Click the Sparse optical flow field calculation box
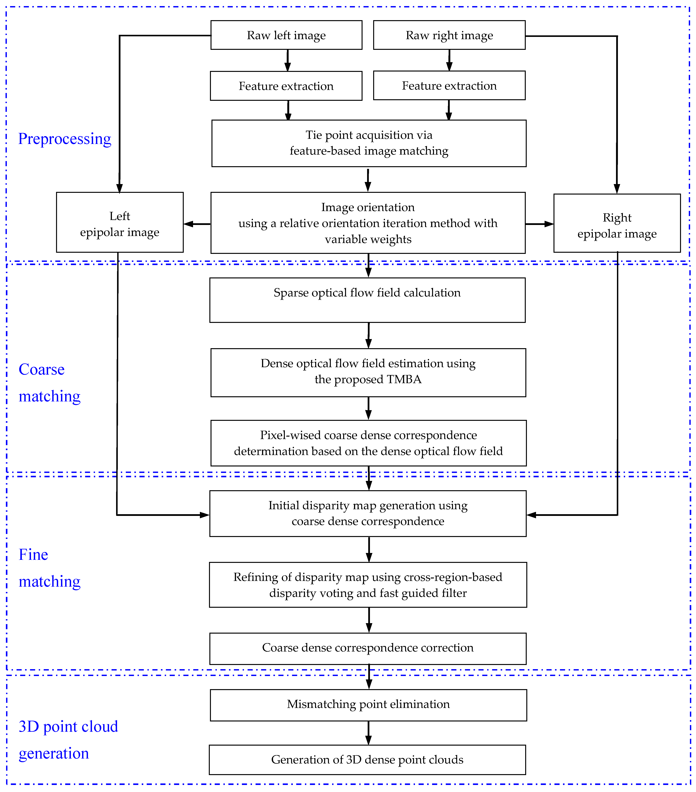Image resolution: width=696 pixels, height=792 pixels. tap(367, 300)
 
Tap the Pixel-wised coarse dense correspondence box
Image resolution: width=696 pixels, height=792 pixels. tap(368, 443)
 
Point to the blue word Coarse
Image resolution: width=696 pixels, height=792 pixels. tap(41, 369)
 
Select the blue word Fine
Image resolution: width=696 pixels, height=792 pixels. tap(33, 554)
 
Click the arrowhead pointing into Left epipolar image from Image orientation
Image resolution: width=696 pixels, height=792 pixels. tap(188, 224)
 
